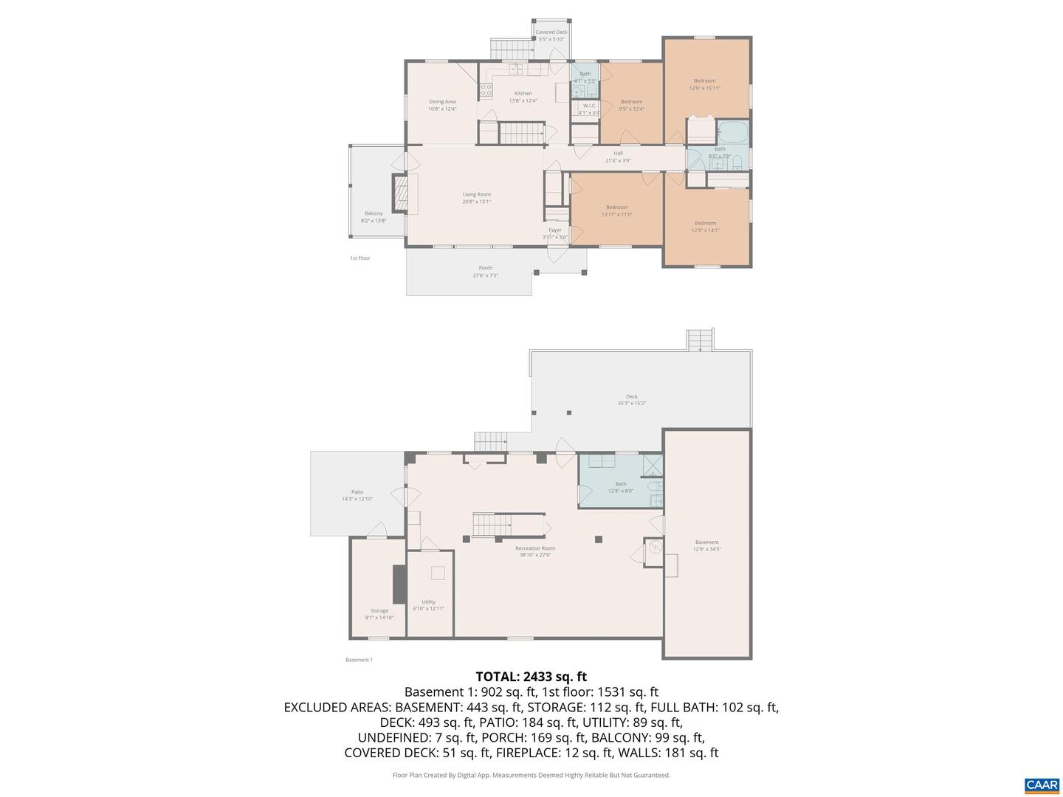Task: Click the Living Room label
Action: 476,198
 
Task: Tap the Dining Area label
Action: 442,105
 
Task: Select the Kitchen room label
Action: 523,97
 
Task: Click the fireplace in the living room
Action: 399,194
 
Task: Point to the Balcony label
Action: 374,216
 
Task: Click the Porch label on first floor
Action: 485,272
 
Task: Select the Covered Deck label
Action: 551,35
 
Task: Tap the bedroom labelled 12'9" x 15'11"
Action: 704,84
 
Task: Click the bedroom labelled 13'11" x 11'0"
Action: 616,210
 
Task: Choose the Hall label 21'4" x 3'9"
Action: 618,156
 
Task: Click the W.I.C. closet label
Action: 589,109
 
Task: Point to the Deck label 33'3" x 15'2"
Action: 632,400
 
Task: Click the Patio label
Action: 357,495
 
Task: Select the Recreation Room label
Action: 535,551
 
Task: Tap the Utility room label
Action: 429,605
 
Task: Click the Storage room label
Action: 379,614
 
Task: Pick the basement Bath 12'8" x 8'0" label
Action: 621,487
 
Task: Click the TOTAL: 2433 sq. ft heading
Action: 531,676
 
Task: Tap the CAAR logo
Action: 1042,784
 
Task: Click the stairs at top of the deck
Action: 700,340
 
